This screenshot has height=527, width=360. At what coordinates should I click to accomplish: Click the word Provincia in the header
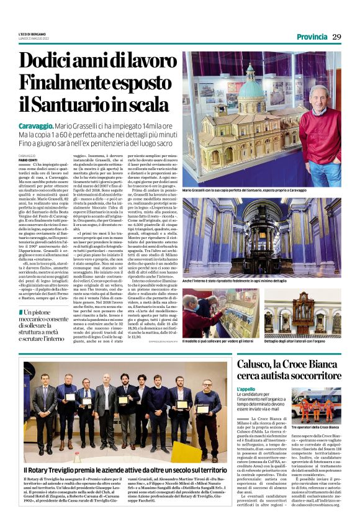(x=311, y=37)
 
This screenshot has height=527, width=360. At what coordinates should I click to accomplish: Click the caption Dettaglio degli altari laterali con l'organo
(x=299, y=342)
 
